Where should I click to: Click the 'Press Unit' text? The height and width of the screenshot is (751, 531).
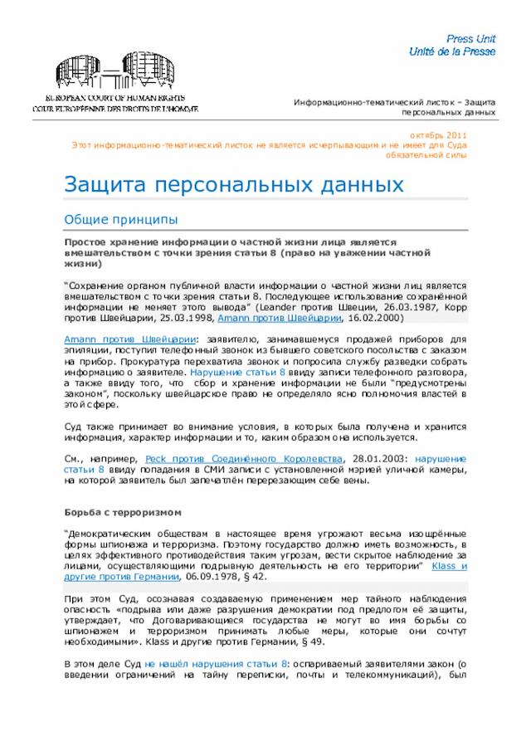[x=470, y=39]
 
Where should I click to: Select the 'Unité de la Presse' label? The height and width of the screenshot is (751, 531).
[x=452, y=51]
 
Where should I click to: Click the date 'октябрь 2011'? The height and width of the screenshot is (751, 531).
[x=438, y=135]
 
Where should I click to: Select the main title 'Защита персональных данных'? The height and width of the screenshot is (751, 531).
[x=234, y=183]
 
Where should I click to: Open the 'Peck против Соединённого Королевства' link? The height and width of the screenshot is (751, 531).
[x=244, y=458]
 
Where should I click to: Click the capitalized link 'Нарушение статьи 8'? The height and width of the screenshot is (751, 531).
[x=236, y=373]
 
